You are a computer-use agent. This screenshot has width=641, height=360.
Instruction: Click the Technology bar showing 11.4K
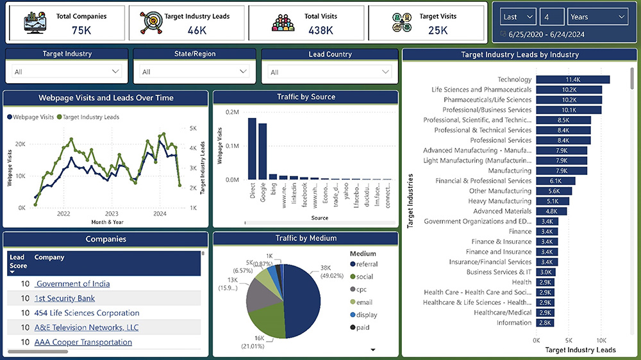tap(572, 79)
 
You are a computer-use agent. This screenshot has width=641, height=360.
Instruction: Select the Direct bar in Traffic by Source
tap(252, 149)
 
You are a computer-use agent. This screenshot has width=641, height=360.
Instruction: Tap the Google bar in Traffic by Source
tap(262, 151)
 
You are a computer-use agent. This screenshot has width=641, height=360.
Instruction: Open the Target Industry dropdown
tap(67, 72)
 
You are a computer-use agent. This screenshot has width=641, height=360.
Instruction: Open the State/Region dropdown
tap(195, 72)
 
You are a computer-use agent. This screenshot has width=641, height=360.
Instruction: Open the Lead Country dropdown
tap(329, 72)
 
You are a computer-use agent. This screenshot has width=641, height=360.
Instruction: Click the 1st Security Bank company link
tap(65, 299)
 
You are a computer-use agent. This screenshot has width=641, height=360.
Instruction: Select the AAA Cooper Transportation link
tap(83, 342)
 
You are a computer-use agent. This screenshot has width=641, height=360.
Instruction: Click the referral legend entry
tap(367, 264)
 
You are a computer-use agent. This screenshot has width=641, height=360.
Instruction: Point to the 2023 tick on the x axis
tap(112, 214)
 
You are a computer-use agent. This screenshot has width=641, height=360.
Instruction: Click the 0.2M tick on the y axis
tap(231, 112)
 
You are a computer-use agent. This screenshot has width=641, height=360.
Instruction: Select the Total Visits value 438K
tap(320, 30)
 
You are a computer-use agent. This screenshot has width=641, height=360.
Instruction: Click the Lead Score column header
tap(17, 261)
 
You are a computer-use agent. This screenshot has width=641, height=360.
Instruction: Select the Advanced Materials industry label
tap(502, 211)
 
